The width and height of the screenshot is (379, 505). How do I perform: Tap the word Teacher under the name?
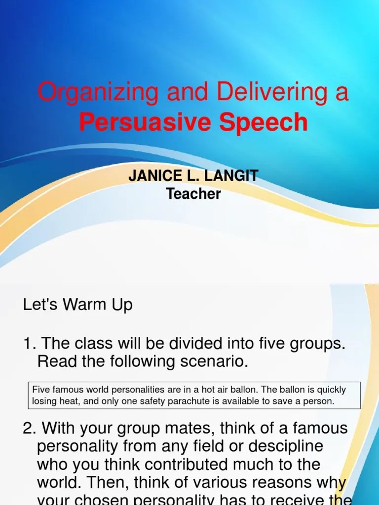pyautogui.click(x=193, y=194)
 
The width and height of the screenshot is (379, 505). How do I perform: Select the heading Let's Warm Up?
pyautogui.click(x=78, y=304)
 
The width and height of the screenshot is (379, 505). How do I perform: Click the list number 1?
pyautogui.click(x=28, y=343)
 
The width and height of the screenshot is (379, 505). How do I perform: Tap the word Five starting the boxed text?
pyautogui.click(x=41, y=390)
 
